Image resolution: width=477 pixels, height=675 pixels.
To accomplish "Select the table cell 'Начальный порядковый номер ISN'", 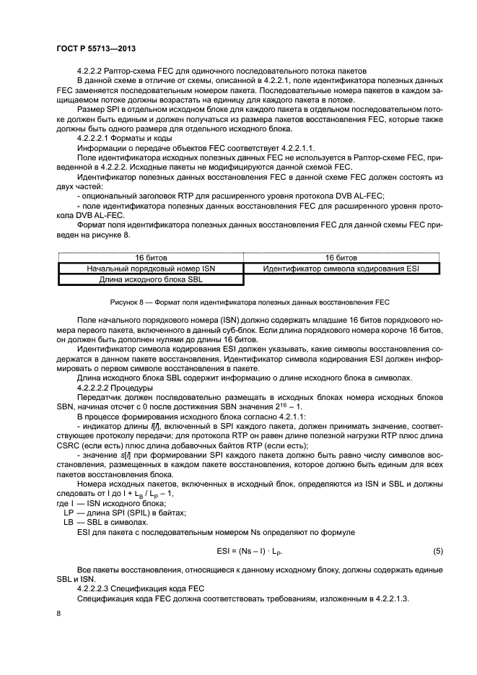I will pyautogui.click(x=151, y=269).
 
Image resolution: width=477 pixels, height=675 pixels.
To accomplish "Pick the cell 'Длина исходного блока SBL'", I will pyautogui.click(x=151, y=279).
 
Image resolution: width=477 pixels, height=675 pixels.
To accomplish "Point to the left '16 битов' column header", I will pyautogui.click(x=151, y=258).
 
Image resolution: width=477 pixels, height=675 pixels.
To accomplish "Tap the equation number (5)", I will pyautogui.click(x=437, y=552).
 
